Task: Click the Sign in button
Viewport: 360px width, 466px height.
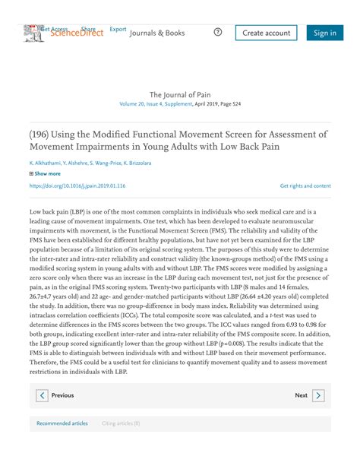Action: pyautogui.click(x=324, y=33)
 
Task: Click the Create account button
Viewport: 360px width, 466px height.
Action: pyautogui.click(x=266, y=33)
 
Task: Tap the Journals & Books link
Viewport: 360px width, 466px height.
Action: pyautogui.click(x=157, y=33)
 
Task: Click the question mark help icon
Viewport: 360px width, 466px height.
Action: pyautogui.click(x=218, y=32)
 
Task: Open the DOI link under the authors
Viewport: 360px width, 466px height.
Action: pyautogui.click(x=77, y=185)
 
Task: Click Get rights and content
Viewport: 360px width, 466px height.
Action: pyautogui.click(x=305, y=185)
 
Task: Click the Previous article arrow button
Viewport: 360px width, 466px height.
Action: pyautogui.click(x=43, y=395)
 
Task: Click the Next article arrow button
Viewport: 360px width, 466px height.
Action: pyautogui.click(x=318, y=395)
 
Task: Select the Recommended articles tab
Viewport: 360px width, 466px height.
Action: pyautogui.click(x=62, y=423)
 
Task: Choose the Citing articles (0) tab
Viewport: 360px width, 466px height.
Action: pyautogui.click(x=121, y=423)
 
